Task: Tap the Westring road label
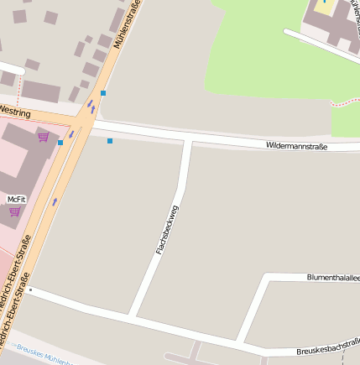click(14, 112)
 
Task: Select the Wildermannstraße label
click(296, 146)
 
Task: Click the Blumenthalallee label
click(332, 277)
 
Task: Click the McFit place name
click(17, 199)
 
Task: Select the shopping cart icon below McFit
click(14, 211)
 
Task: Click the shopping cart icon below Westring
click(43, 136)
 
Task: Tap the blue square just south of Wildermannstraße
click(110, 141)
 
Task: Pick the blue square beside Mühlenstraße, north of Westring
click(103, 93)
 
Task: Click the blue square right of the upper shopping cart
click(60, 143)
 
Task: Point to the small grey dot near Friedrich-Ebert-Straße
click(30, 290)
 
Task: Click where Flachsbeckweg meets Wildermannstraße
click(188, 141)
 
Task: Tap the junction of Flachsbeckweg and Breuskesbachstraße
click(133, 316)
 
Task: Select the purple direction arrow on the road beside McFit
click(55, 201)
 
